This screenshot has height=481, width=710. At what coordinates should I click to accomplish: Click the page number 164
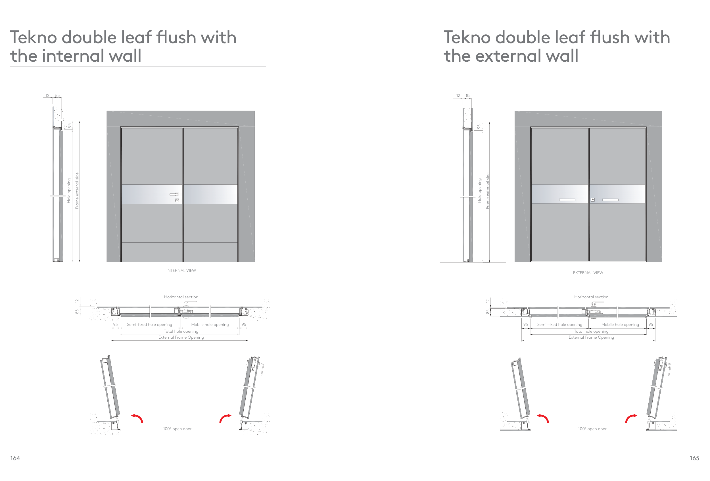click(15, 458)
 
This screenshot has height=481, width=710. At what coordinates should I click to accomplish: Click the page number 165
click(694, 458)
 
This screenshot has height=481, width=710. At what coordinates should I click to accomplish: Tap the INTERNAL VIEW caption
click(181, 270)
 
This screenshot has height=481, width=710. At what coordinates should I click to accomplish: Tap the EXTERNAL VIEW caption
click(588, 272)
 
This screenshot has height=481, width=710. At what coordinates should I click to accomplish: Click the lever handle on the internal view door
click(174, 194)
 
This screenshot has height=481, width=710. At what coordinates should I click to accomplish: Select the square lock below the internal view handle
click(177, 201)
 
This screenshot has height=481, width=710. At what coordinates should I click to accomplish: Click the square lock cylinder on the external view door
click(593, 199)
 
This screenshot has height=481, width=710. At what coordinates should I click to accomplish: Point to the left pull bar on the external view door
click(567, 200)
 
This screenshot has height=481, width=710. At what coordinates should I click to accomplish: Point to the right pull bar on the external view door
click(610, 200)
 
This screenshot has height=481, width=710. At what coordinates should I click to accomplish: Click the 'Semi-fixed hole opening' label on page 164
click(149, 324)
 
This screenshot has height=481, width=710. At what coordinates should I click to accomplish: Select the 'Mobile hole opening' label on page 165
click(620, 324)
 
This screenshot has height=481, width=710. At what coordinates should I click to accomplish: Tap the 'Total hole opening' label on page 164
click(181, 331)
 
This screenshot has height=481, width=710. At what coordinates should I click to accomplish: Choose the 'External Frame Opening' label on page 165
click(591, 337)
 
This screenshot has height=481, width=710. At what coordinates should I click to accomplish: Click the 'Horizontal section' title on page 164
click(181, 297)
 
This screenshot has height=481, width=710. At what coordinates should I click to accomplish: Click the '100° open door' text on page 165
click(592, 429)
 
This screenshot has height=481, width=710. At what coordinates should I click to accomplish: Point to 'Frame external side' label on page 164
click(77, 191)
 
